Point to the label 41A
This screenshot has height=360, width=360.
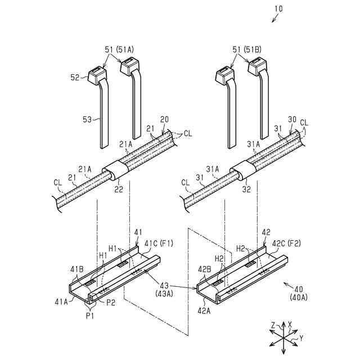[62, 301]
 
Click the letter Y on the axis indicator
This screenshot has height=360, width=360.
[301, 339]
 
